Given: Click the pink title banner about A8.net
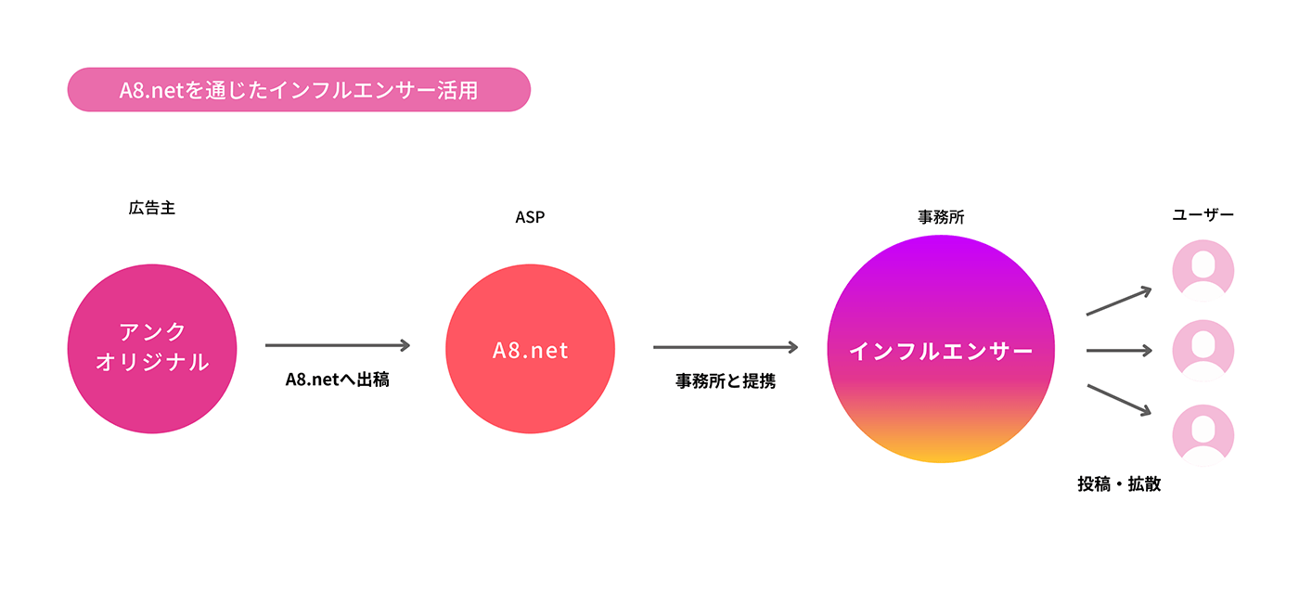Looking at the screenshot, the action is click(299, 89).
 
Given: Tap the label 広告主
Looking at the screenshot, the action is click(152, 208).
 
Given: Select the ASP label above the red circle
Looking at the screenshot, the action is click(530, 217).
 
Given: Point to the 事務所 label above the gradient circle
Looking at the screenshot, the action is click(941, 217).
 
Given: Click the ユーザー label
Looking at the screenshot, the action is click(1203, 214).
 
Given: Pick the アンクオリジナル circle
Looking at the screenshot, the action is click(152, 349).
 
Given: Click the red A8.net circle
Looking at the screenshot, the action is click(530, 349).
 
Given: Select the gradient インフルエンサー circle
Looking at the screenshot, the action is click(941, 349).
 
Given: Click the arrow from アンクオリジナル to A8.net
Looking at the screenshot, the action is click(338, 345).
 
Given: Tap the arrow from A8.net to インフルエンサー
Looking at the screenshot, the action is click(726, 347).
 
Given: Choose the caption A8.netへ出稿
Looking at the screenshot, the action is click(338, 380).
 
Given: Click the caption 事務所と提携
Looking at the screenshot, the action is click(726, 381).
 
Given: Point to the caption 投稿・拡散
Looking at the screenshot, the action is click(1119, 483).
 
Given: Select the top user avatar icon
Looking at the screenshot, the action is click(1203, 271).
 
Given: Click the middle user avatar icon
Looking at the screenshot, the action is click(1203, 351).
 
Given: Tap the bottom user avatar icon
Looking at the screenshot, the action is click(1203, 435).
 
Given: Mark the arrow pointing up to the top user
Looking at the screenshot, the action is click(1119, 301).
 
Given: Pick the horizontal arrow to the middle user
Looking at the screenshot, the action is click(1119, 350).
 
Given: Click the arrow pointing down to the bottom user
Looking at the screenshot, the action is click(1119, 400).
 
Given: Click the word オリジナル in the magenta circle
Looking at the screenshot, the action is click(152, 363).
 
